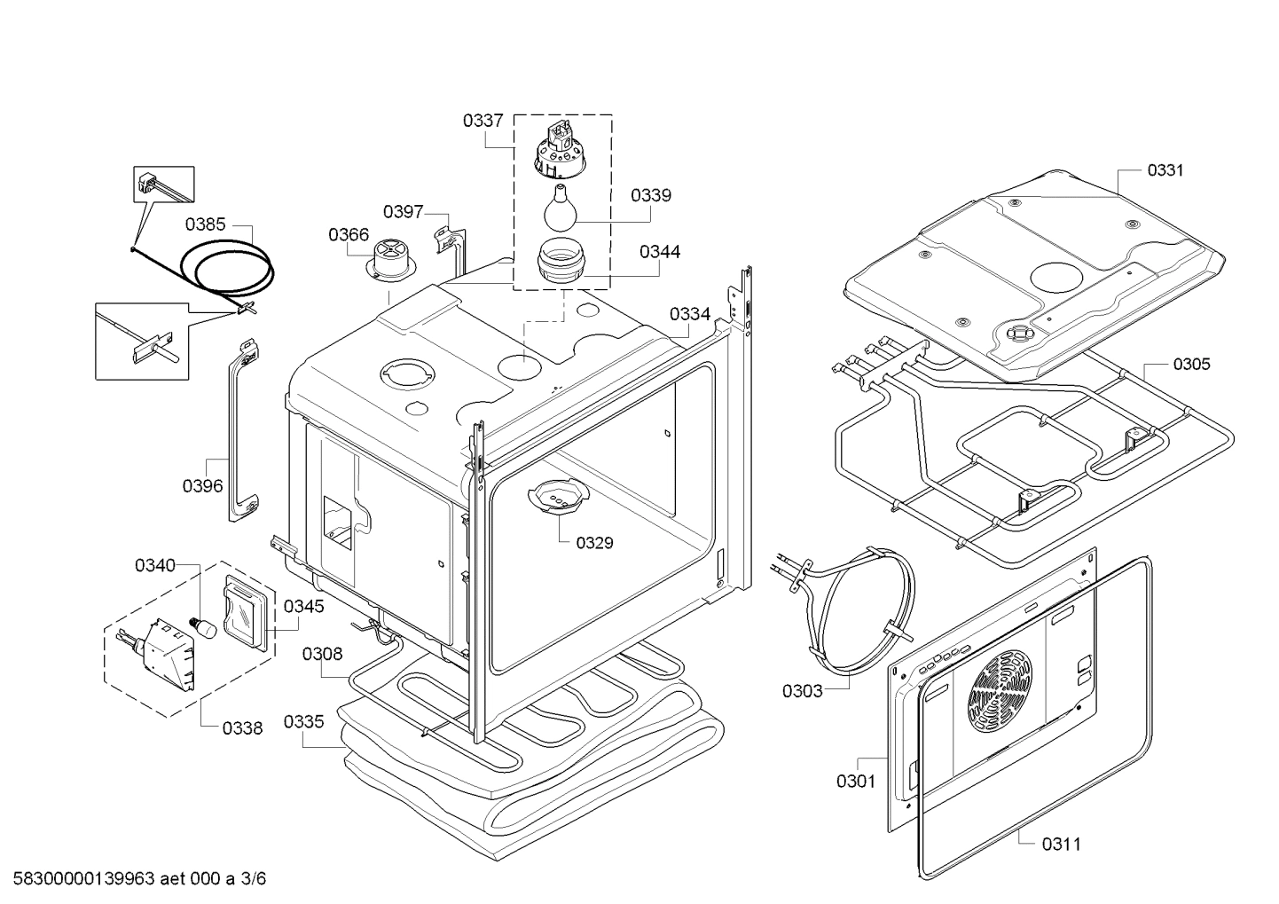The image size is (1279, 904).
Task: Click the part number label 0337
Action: coord(483,121)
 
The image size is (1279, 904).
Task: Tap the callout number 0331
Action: coord(1165,170)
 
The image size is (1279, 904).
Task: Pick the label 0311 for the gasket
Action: coord(1061,844)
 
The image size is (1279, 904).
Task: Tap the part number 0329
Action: coord(594,543)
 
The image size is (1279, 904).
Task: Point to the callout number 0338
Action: coord(242,728)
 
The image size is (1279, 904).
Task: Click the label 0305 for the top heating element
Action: coord(1190,365)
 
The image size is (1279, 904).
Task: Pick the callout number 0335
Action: coord(303,722)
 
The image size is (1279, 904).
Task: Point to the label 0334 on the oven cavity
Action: coord(689,314)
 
